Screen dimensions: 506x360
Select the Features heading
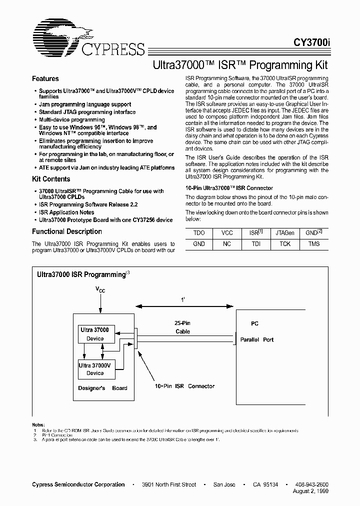pos(45,79)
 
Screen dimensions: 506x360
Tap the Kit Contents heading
pos(51,179)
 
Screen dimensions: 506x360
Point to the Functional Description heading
pos(67,231)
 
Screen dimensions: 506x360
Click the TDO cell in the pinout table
pos(199,233)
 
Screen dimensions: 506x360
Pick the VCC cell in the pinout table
pos(227,233)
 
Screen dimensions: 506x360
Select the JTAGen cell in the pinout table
pos(285,233)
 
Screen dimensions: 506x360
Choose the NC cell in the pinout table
pos(227,244)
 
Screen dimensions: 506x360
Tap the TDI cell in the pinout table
pos(256,244)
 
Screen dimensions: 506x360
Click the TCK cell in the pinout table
pos(285,244)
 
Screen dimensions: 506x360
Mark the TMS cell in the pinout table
pos(314,244)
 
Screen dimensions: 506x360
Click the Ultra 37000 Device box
pos(95,334)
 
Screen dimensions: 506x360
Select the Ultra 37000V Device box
pos(95,369)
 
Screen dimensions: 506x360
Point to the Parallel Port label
pos(257,340)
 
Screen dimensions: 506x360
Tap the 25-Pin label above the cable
pos(182,323)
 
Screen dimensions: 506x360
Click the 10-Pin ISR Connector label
pos(184,386)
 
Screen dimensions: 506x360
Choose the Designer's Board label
pos(102,388)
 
